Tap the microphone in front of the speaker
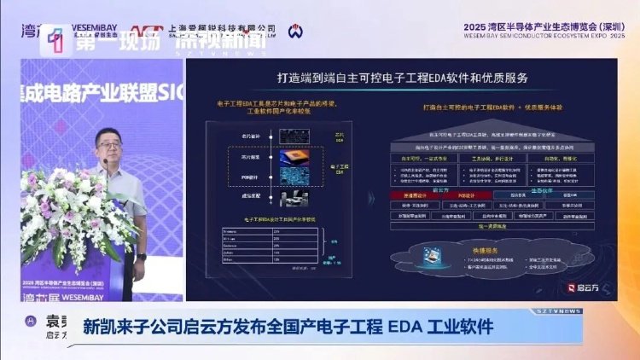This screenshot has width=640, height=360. (105, 161)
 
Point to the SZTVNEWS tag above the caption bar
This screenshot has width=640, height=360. (560, 311)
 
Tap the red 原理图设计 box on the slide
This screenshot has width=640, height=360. (412, 195)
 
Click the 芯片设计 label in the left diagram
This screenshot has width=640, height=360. (250, 136)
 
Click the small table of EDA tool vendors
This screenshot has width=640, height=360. (269, 248)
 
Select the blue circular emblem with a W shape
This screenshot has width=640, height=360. (294, 32)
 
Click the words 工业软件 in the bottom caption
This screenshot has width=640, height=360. (456, 325)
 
